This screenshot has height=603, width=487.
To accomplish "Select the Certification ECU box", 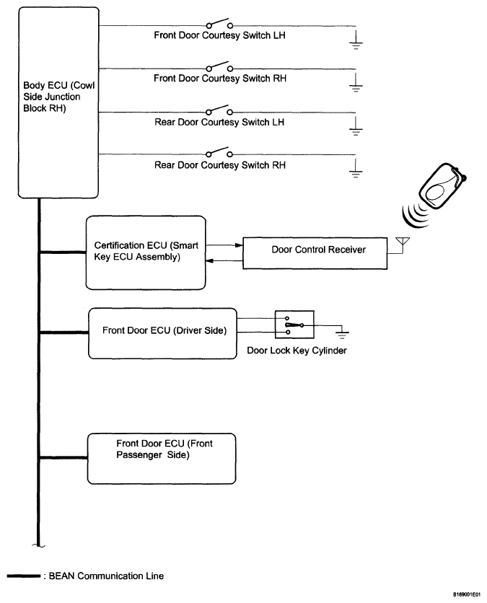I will click(x=146, y=250).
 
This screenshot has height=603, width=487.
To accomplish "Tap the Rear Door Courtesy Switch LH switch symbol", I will click(x=219, y=111).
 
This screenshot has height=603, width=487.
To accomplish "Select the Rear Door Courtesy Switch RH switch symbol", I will click(x=219, y=154).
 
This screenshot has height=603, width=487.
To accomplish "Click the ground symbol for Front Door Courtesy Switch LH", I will click(x=356, y=40).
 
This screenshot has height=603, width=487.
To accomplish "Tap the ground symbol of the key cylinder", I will click(x=343, y=333).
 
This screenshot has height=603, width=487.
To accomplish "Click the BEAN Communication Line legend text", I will click(x=117, y=576).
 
